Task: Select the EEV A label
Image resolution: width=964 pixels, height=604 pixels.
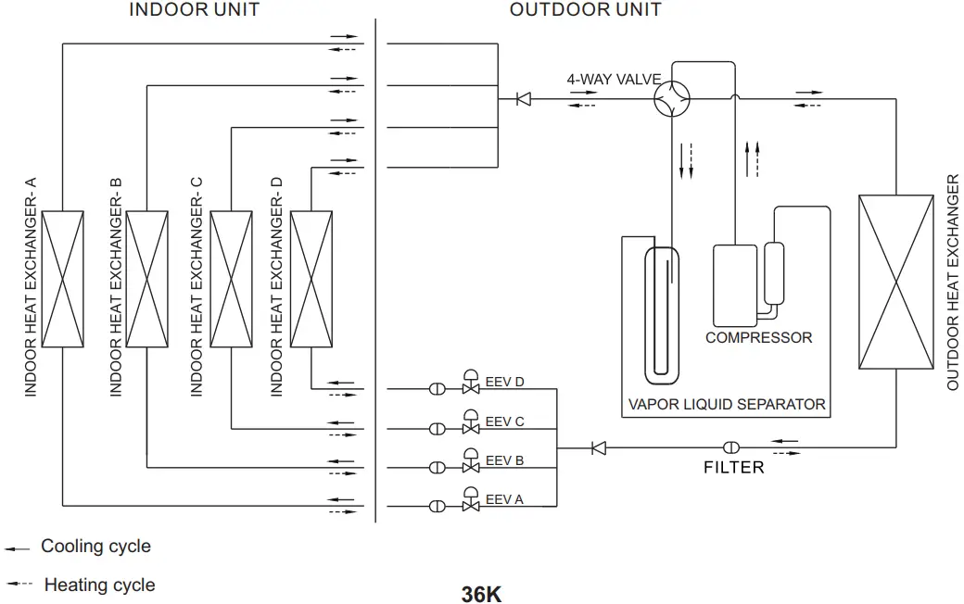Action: click(504, 499)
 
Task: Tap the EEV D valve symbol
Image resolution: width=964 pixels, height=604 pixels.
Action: click(471, 386)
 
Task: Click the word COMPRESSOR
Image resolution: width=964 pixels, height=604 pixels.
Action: click(758, 338)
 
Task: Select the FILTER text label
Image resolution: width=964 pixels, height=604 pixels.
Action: click(734, 468)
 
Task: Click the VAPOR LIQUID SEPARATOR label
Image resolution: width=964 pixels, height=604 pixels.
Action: click(727, 404)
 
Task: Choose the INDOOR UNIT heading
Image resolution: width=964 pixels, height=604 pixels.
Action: click(194, 10)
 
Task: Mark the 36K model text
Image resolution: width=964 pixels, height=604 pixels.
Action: click(481, 594)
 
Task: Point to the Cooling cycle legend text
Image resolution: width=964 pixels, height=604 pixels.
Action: click(95, 547)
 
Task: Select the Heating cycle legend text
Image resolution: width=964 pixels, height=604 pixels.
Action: click(99, 585)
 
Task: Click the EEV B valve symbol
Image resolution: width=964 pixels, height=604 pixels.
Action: click(471, 464)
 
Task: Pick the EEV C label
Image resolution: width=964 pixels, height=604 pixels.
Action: click(504, 422)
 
